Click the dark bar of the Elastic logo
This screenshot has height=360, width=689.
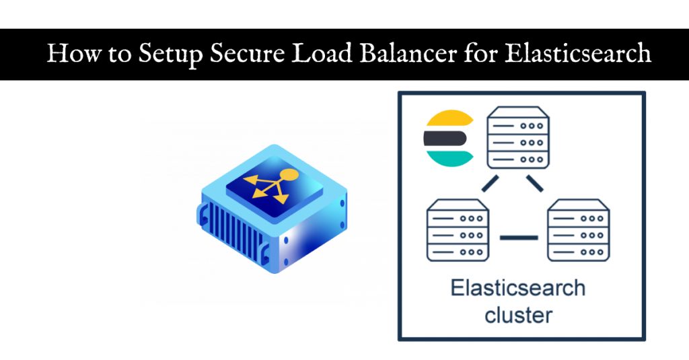tap(445, 139)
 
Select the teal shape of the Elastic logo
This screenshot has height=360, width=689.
tap(446, 158)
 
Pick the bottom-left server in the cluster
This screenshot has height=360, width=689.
tap(458, 231)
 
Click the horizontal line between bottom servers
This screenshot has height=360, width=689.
tap(519, 237)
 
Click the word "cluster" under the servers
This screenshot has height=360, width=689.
tap(518, 314)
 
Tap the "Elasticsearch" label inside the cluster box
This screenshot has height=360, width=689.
tap(518, 288)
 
